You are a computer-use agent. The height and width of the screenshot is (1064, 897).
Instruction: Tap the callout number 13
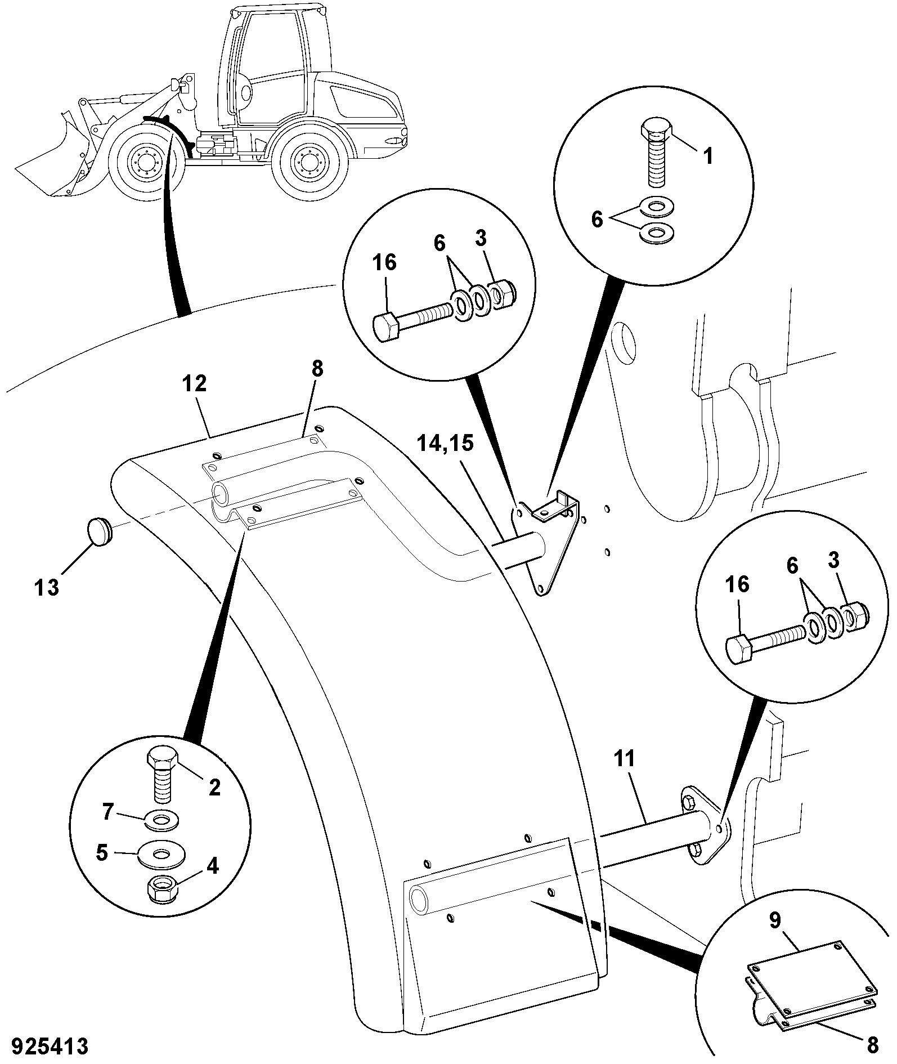tap(47, 588)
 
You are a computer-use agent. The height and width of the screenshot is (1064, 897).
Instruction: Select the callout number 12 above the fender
tap(194, 385)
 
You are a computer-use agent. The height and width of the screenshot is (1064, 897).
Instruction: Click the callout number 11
tap(625, 759)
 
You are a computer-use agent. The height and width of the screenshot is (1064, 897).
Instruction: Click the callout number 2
tap(214, 787)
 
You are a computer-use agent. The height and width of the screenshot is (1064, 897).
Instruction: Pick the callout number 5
tap(102, 852)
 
